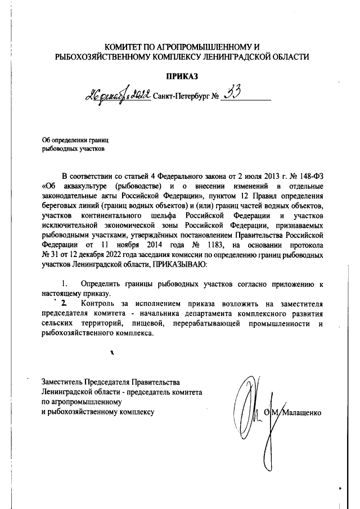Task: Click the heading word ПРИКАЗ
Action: [183, 76]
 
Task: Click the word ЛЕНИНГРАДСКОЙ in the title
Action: [242, 56]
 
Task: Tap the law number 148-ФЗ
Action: [310, 175]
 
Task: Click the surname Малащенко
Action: [300, 412]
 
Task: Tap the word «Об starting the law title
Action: [48, 185]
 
